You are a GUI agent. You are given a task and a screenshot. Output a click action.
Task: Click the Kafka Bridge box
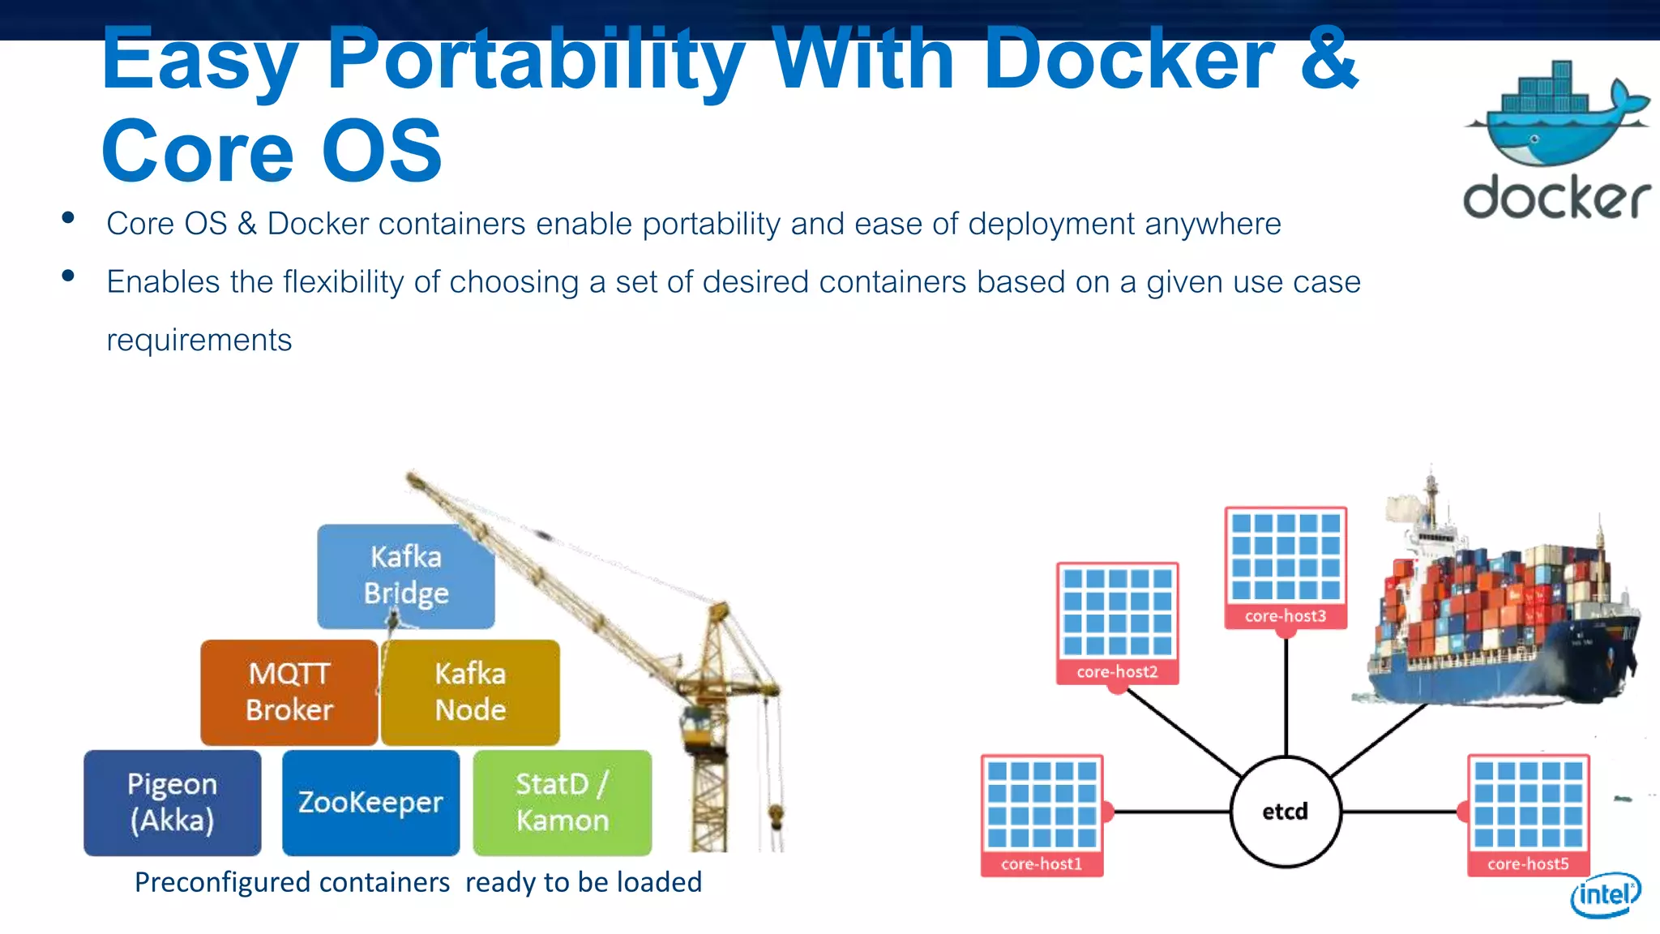pyautogui.click(x=405, y=575)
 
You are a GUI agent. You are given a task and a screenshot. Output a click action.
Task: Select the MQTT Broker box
pyautogui.click(x=289, y=692)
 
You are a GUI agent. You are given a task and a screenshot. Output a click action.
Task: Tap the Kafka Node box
pyautogui.click(x=470, y=692)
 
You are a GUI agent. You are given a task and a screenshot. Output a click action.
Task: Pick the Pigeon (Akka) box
pyautogui.click(x=172, y=802)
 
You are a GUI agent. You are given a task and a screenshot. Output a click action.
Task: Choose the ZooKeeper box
pyautogui.click(x=370, y=802)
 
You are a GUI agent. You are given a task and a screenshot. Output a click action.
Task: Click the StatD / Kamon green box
pyautogui.click(x=562, y=802)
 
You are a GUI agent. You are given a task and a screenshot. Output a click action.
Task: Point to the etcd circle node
pyautogui.click(x=1285, y=811)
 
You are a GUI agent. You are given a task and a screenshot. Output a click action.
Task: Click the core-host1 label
pyautogui.click(x=1042, y=863)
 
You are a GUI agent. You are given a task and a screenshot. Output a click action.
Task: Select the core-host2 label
pyautogui.click(x=1117, y=671)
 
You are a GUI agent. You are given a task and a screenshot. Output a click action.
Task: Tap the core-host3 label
pyautogui.click(x=1286, y=615)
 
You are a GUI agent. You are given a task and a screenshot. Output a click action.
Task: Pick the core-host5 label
pyautogui.click(x=1528, y=863)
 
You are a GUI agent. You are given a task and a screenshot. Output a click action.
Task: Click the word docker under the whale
pyautogui.click(x=1556, y=197)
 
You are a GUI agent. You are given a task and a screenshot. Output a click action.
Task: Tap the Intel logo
pyautogui.click(x=1605, y=894)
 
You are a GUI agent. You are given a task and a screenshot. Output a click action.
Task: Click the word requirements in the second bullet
pyautogui.click(x=199, y=340)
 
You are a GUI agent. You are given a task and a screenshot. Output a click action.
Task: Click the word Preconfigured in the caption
pyautogui.click(x=292, y=882)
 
